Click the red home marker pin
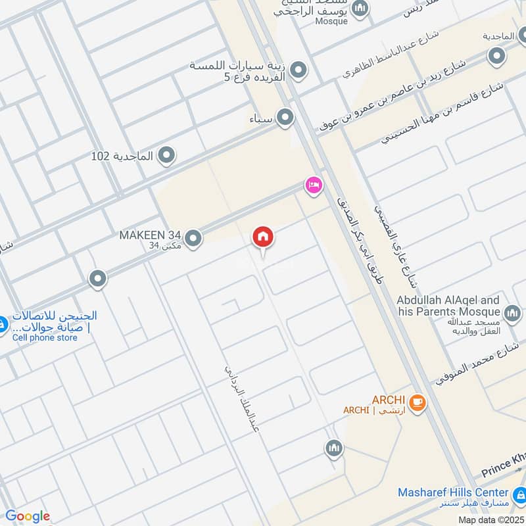pyautogui.click(x=263, y=238)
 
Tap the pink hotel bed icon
pyautogui.click(x=314, y=186)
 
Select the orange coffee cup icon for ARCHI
pyautogui.click(x=416, y=402)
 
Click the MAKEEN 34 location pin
pyautogui.click(x=193, y=239)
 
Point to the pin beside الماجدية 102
pyautogui.click(x=167, y=156)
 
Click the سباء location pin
pyautogui.click(x=285, y=118)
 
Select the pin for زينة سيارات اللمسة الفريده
pyautogui.click(x=299, y=69)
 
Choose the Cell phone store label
pyautogui.click(x=45, y=338)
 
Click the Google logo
pyautogui.click(x=27, y=516)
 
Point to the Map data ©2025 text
pyautogui.click(x=491, y=520)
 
